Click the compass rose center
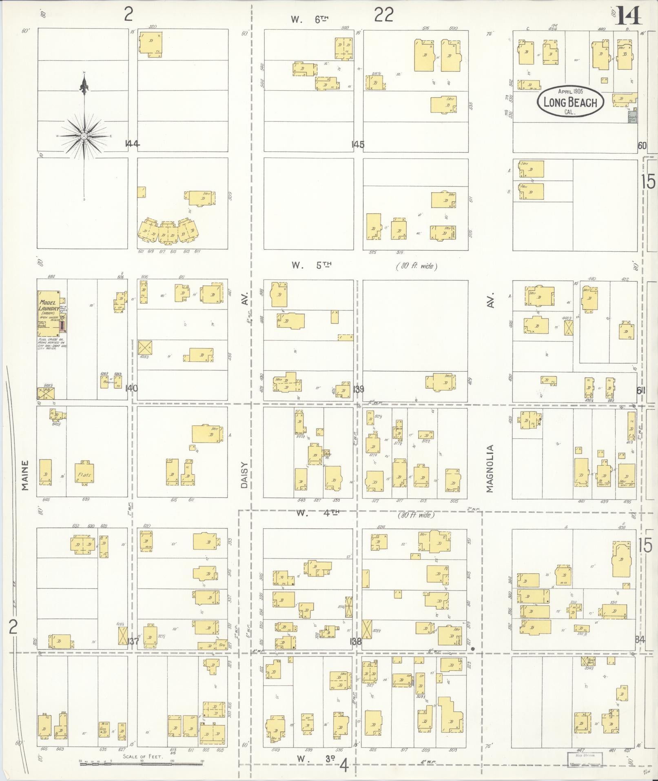84,136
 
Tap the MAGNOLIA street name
490,469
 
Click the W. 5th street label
311,265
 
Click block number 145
357,144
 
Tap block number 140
131,388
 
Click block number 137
133,641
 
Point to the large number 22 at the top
384,16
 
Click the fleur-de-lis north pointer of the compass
84,85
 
